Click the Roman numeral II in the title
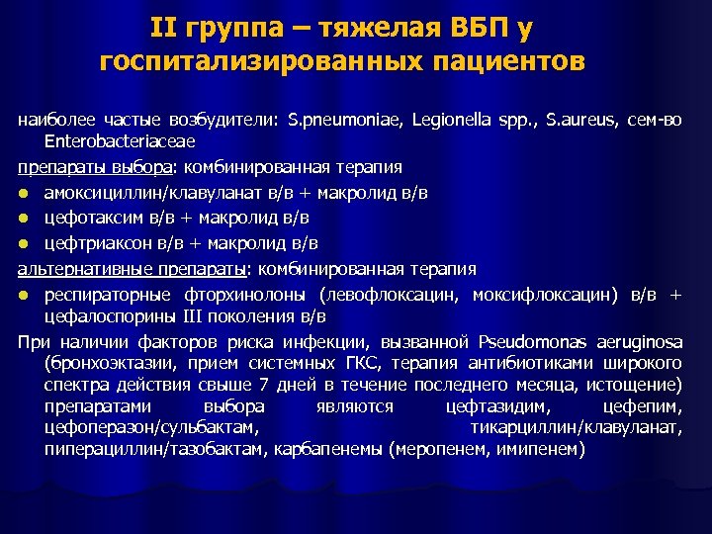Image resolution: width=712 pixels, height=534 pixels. tap(165, 28)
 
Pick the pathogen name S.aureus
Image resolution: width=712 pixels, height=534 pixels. tap(562, 120)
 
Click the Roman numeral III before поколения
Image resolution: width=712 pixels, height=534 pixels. tap(193, 316)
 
